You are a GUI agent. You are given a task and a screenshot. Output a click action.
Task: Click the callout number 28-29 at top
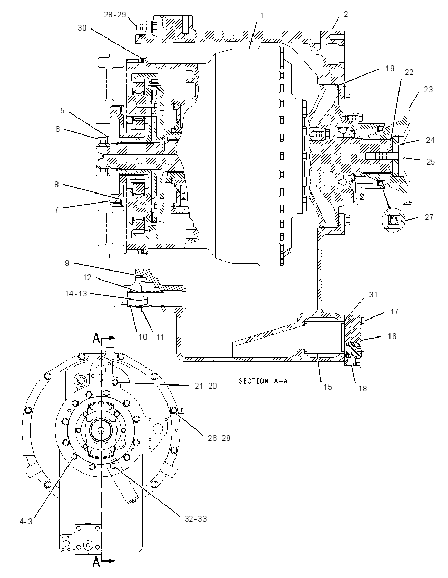coord(115,15)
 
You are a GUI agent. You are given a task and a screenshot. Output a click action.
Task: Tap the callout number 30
coord(82,27)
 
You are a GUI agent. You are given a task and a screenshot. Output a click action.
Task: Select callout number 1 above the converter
coord(262,16)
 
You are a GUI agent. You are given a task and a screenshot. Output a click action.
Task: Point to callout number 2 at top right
coord(346,14)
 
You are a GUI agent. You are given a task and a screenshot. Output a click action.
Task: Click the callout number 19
coord(390,68)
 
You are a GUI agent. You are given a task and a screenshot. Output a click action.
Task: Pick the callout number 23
coord(428,89)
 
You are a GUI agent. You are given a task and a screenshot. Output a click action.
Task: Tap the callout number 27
coord(429,217)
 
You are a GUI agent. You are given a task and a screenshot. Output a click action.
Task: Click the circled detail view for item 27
coord(394,221)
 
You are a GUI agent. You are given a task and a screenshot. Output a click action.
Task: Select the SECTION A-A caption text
coord(263,381)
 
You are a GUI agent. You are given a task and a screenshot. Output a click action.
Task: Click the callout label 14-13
coord(76,294)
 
